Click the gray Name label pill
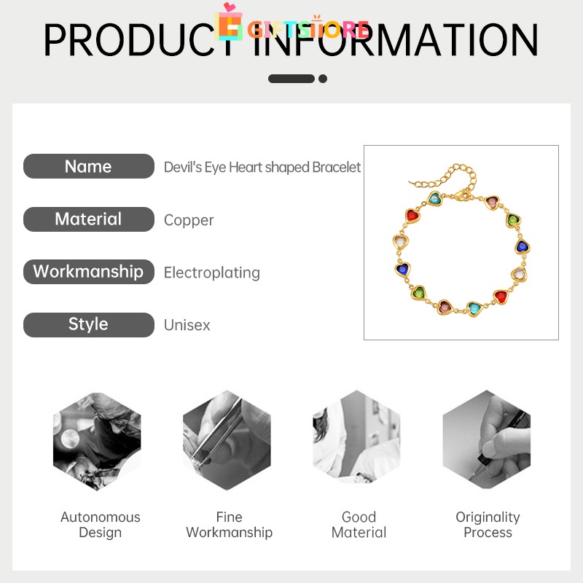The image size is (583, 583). [x=88, y=166]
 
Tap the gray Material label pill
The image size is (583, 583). [x=88, y=219]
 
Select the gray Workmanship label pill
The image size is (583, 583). [x=88, y=272]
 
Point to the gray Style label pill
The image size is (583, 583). [x=88, y=324]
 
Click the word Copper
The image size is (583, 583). [x=189, y=220]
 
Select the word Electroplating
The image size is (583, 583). [x=211, y=273]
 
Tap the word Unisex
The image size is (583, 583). [x=187, y=325]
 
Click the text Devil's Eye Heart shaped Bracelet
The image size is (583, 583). [x=262, y=167]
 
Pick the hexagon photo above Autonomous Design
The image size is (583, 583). [x=97, y=441]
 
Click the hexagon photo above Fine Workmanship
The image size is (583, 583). [x=227, y=441]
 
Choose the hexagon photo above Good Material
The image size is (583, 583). [x=356, y=441]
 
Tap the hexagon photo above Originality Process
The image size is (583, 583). [x=486, y=441]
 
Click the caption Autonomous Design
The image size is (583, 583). [x=100, y=525]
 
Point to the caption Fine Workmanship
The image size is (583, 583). [x=229, y=525]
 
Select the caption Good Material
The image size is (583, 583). [x=359, y=525]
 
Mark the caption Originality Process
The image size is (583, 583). [x=488, y=525]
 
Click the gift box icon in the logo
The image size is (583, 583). [x=229, y=23]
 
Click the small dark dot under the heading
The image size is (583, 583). [x=323, y=79]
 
